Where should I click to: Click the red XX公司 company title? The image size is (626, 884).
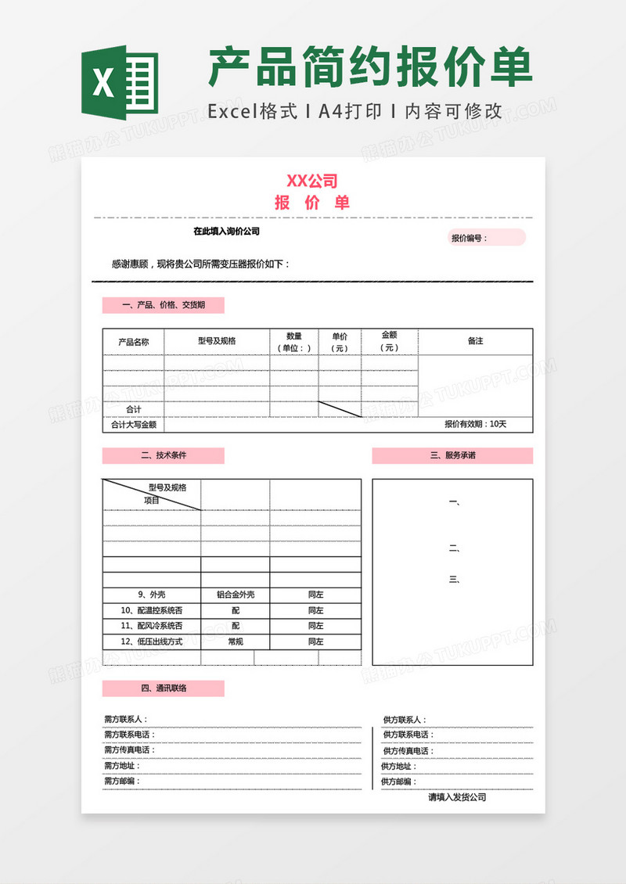coord(312,181)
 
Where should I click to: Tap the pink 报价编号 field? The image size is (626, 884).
coord(486,238)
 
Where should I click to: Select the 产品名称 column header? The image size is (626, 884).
coord(133,342)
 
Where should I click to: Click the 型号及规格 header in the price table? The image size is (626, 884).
coord(217,341)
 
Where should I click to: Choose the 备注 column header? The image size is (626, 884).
coord(475,341)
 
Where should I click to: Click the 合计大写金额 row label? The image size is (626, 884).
coord(133,425)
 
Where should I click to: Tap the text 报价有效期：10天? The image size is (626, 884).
coord(476,425)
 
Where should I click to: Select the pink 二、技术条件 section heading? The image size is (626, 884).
coord(164,455)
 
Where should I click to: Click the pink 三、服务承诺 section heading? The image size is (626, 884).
coord(452,455)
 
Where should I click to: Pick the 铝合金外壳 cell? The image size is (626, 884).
coord(235,595)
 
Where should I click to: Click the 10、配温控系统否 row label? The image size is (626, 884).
coord(151,610)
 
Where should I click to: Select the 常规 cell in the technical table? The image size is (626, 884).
coord(235,641)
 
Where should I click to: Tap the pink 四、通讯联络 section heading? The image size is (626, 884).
coord(164,688)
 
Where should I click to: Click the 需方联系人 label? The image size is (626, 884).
coord(125,720)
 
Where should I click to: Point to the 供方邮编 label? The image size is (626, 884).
coord(399,782)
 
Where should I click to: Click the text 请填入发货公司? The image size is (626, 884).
coord(457,797)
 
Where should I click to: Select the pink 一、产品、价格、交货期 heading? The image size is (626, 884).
coord(164,306)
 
